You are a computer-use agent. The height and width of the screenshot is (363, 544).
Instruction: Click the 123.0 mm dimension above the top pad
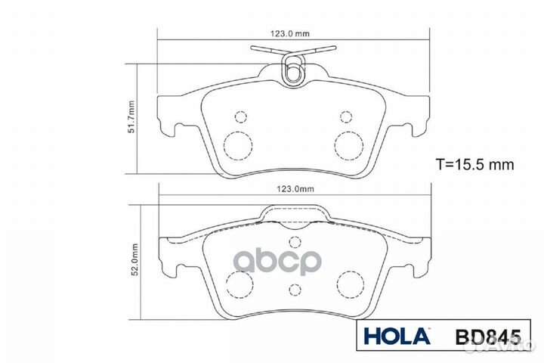click(x=292, y=33)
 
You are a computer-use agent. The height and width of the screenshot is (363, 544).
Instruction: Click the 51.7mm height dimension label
click(x=131, y=118)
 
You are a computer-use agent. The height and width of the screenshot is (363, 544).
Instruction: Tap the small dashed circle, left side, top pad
click(x=240, y=116)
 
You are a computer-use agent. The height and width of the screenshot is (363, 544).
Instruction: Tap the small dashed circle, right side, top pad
click(x=346, y=116)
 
